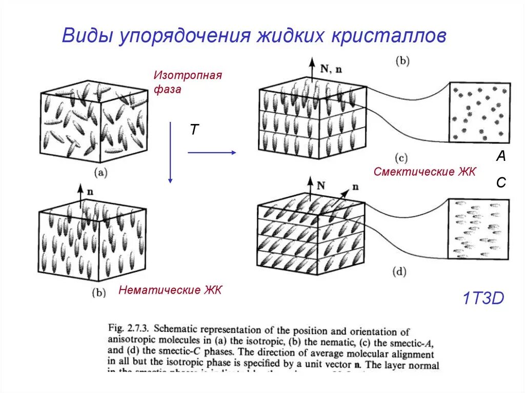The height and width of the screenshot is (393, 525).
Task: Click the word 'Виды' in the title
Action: (88, 36)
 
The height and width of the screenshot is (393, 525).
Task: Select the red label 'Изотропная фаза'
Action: (187, 82)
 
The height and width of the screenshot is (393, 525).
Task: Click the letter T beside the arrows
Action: (194, 130)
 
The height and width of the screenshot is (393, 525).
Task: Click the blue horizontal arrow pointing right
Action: (211, 152)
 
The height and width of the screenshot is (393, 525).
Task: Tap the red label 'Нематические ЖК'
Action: (170, 291)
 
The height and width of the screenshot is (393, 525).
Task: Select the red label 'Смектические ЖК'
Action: (425, 172)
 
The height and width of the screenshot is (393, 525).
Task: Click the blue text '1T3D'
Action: (483, 298)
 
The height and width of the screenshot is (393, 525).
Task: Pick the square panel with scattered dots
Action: (480, 112)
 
